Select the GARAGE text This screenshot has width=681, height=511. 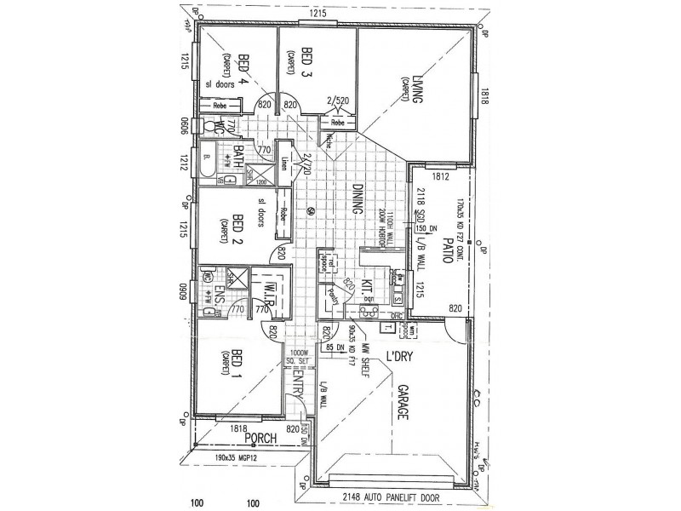401,406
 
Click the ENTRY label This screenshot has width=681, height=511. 299,386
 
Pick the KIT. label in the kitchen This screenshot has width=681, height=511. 369,287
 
